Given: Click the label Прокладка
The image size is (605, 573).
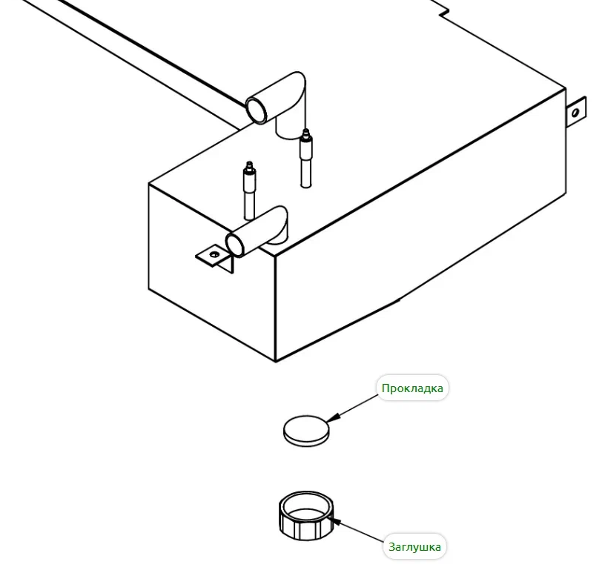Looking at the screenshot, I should (x=412, y=388).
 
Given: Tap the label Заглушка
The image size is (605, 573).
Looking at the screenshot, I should (x=414, y=547).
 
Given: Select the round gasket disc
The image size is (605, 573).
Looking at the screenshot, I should (x=305, y=430).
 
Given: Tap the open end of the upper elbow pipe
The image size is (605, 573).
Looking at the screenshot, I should (x=257, y=110).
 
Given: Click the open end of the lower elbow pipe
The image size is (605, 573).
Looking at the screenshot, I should (x=236, y=245).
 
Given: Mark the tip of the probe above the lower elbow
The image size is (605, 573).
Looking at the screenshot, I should (x=250, y=164).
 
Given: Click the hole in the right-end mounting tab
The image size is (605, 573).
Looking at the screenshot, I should (x=575, y=113).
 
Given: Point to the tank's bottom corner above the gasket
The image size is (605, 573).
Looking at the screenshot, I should (x=276, y=361).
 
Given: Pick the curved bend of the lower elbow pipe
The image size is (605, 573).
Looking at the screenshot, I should (x=277, y=222).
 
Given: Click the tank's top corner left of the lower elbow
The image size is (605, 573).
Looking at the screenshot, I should (x=149, y=184).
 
